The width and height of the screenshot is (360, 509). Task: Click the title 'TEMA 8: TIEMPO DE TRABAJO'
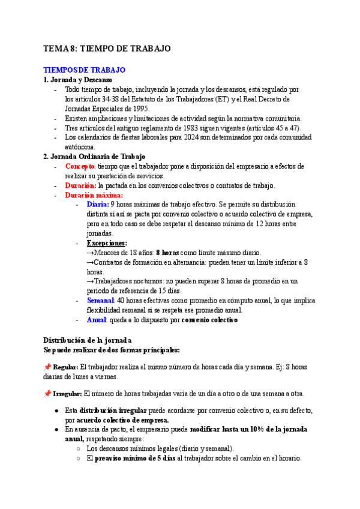(107, 49)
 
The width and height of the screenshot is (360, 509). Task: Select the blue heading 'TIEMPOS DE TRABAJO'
(85, 70)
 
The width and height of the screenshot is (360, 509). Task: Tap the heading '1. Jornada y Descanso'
(78, 80)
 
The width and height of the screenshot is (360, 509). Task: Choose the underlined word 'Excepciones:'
(107, 243)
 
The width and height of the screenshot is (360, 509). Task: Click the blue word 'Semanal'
(100, 300)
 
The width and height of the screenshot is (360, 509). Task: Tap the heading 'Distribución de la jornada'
(83, 340)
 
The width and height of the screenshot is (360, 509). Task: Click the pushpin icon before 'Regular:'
(47, 367)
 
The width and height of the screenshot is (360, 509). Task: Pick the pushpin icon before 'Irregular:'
(47, 394)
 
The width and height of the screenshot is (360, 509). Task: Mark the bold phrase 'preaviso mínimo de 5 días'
(135, 458)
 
